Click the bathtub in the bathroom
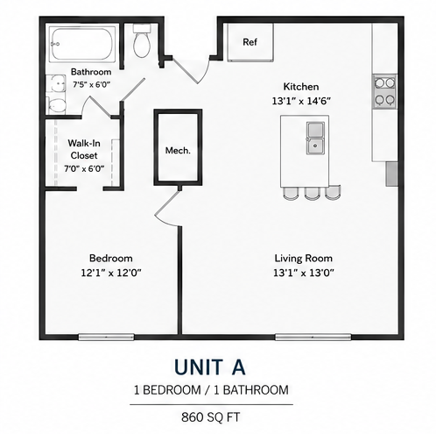pyautogui.click(x=82, y=44)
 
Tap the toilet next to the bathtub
pyautogui.click(x=142, y=40)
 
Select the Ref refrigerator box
pyautogui.click(x=250, y=42)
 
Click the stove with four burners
pyautogui.click(x=385, y=91)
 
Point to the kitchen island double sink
pyautogui.click(x=315, y=138)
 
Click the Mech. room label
pyautogui.click(x=178, y=151)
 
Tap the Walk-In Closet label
pyautogui.click(x=84, y=149)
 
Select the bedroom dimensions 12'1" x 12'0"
pyautogui.click(x=111, y=273)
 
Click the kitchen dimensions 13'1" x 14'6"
pyautogui.click(x=301, y=101)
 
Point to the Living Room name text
pyautogui.click(x=304, y=259)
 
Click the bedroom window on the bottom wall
pyautogui.click(x=106, y=337)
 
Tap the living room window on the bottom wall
pyautogui.click(x=313, y=337)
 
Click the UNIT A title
pyautogui.click(x=210, y=366)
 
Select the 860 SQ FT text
pyautogui.click(x=211, y=417)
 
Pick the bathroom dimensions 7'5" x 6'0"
pyautogui.click(x=91, y=85)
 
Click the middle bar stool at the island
pyautogui.click(x=312, y=194)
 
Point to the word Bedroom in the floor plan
pyautogui.click(x=111, y=259)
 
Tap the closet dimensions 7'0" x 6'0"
pyautogui.click(x=84, y=168)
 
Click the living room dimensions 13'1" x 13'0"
pyautogui.click(x=304, y=273)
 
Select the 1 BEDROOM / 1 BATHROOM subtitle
pyautogui.click(x=211, y=390)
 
